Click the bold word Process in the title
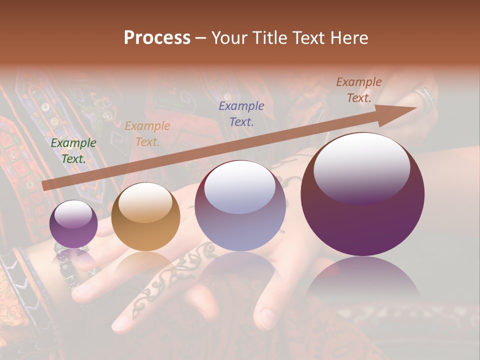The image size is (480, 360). point(157,38)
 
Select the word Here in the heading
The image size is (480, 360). point(349,38)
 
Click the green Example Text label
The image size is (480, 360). point(73,151)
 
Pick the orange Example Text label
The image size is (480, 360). point(147,134)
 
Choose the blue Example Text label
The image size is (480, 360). point(241,113)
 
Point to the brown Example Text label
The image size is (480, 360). point(359,90)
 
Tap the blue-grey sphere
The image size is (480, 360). point(240,206)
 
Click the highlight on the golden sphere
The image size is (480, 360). point(145,202)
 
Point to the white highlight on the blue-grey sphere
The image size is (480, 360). point(240,187)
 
